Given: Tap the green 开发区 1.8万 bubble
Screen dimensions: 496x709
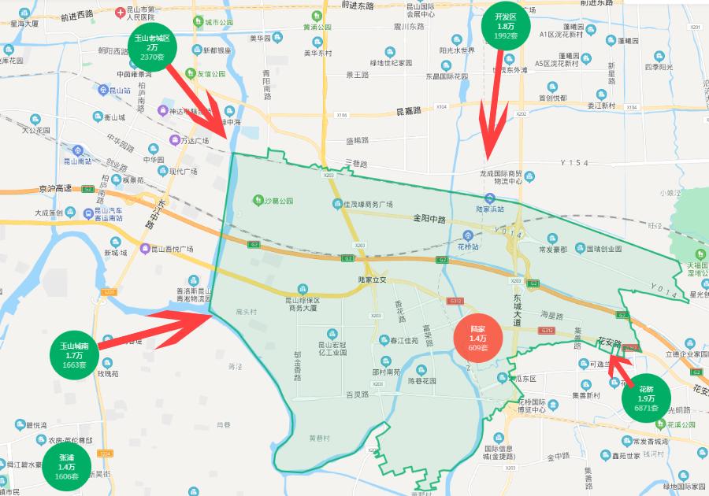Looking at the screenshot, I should [505, 27].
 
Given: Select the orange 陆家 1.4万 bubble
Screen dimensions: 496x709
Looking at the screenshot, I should [477, 338].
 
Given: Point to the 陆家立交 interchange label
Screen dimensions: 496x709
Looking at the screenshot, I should [372, 279].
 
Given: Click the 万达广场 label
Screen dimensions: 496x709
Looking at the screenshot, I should [191, 141].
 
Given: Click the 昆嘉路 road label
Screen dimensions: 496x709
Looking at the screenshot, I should [408, 111].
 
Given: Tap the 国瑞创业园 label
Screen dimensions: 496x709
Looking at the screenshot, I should [603, 248].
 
